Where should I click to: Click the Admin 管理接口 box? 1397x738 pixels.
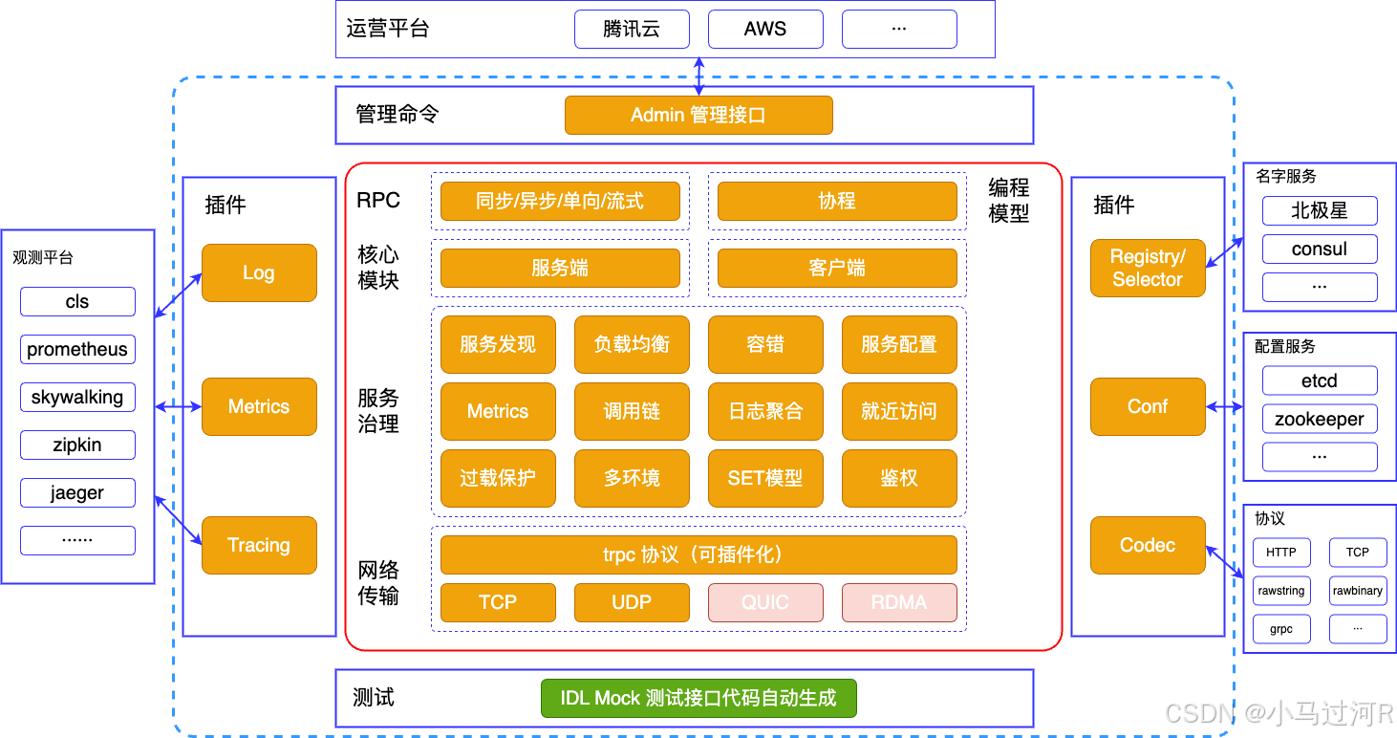pyautogui.click(x=698, y=116)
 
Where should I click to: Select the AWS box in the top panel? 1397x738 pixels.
pyautogui.click(x=764, y=29)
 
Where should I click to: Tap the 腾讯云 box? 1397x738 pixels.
pyautogui.click(x=631, y=29)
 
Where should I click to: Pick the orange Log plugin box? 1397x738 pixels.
pyautogui.click(x=258, y=272)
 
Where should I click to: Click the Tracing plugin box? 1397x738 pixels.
pyautogui.click(x=258, y=545)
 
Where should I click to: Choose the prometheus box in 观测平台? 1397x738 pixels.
pyautogui.click(x=77, y=349)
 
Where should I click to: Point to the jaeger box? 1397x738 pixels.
pyautogui.click(x=77, y=492)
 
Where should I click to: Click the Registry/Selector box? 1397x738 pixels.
pyautogui.click(x=1147, y=268)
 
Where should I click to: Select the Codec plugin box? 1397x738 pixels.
pyautogui.click(x=1147, y=545)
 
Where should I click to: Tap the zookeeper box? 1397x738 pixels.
pyautogui.click(x=1319, y=419)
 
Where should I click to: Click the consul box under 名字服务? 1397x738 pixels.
pyautogui.click(x=1319, y=249)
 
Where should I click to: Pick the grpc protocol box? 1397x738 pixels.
pyautogui.click(x=1280, y=629)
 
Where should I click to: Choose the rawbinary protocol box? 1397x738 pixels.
pyautogui.click(x=1357, y=591)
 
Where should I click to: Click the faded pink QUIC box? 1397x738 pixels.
pyautogui.click(x=764, y=602)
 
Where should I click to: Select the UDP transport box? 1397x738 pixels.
pyautogui.click(x=631, y=602)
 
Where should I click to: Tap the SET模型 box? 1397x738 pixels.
pyautogui.click(x=764, y=478)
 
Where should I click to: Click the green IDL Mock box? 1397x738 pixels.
pyautogui.click(x=698, y=698)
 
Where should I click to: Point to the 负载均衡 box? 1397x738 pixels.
pyautogui.click(x=631, y=344)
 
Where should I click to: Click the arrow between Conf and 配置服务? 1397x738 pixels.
pyautogui.click(x=1224, y=407)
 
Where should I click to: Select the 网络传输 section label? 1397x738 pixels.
pyautogui.click(x=378, y=583)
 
